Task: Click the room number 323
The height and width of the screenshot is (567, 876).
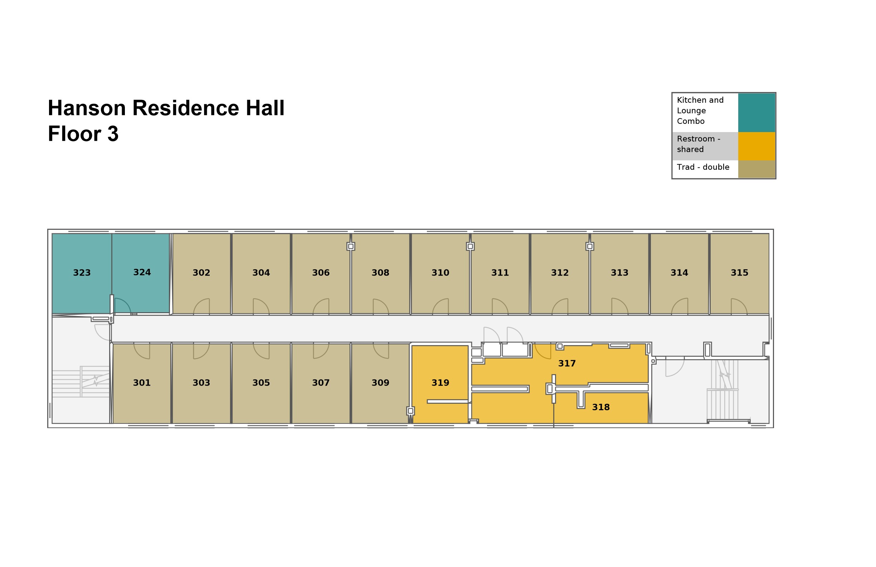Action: point(82,273)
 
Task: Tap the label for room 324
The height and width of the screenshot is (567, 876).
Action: point(142,272)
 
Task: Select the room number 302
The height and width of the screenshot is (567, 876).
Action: point(201,273)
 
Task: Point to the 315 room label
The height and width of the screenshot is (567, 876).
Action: point(739,273)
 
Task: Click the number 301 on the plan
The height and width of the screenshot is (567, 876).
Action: point(142,383)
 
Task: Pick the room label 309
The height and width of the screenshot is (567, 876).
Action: point(380,383)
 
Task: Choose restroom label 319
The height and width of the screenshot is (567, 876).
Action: point(440,383)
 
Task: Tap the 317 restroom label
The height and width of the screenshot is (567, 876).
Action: point(567,364)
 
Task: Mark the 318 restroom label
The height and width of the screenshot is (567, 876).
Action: point(601,407)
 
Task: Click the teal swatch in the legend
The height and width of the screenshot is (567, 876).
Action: point(756,113)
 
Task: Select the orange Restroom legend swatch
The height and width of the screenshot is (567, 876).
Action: point(756,146)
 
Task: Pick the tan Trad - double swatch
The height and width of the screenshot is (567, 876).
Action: point(756,169)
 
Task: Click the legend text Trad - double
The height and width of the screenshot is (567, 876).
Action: point(703,167)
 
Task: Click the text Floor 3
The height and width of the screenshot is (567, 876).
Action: point(83,134)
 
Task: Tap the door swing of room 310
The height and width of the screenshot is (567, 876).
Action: point(441,307)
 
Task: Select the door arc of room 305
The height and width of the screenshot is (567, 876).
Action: point(261,351)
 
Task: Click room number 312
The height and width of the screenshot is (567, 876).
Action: point(559,273)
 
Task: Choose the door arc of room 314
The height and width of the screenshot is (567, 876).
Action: point(680,306)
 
